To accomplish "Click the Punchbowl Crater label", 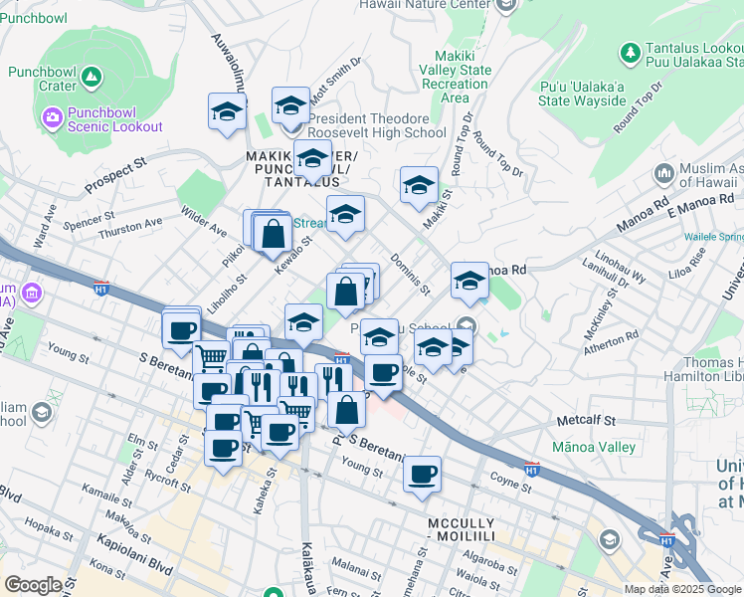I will pos(42,79).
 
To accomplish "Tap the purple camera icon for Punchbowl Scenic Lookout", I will pos(52,118).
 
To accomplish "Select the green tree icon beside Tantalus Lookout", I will pos(629,51).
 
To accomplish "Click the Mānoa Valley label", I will pos(595,447).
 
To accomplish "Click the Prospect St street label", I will pos(115,175).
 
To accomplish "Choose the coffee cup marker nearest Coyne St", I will pos(423,474).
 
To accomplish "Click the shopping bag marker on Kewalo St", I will pos(273,235).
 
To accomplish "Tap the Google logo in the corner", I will pos(33,585).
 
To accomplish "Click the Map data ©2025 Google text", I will pos(681,589).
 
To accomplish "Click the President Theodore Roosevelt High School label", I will pos(376,125).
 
